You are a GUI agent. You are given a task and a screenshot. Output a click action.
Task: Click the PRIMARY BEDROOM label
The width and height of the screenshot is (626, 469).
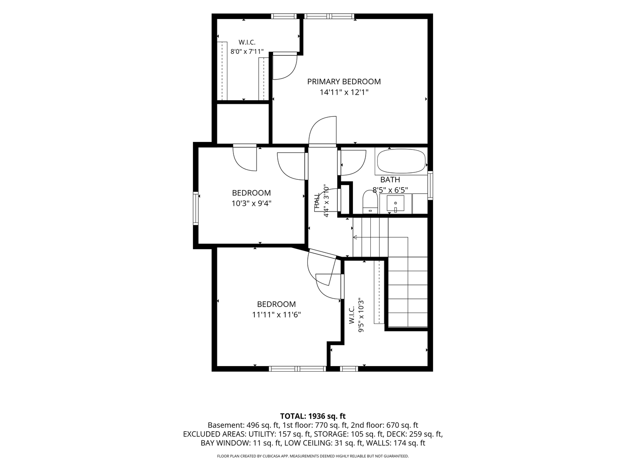pyautogui.click(x=344, y=82)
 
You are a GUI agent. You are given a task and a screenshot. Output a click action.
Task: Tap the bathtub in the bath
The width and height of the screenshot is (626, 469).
pyautogui.click(x=401, y=162)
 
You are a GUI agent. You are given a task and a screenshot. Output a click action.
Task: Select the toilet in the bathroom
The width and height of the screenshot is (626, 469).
pyautogui.click(x=370, y=201)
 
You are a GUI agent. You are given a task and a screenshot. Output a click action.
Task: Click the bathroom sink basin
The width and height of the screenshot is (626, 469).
pyautogui.click(x=395, y=203)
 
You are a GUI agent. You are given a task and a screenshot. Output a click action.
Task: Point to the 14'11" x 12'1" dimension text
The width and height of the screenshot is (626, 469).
pyautogui.click(x=344, y=92)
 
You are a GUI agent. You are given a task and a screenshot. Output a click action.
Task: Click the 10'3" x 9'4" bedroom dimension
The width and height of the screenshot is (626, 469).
pyautogui.click(x=251, y=204)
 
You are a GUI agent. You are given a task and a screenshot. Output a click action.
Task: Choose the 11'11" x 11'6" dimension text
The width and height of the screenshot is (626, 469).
pyautogui.click(x=276, y=315)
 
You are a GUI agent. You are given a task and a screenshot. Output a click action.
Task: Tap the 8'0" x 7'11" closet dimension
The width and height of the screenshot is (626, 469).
pyautogui.click(x=247, y=52)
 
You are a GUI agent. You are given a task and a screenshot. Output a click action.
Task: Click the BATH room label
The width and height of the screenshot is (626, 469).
pyautogui.click(x=390, y=180)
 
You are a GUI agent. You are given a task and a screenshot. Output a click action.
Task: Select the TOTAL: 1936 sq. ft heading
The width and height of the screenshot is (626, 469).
pyautogui.click(x=313, y=416)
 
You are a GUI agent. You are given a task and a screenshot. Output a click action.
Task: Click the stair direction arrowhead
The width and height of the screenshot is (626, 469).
pyautogui.click(x=355, y=237)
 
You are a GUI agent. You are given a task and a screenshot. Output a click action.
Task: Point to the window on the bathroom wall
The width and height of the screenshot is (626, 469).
pyautogui.click(x=430, y=185)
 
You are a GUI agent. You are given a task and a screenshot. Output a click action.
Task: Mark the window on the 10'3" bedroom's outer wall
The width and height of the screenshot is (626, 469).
pyautogui.click(x=196, y=208)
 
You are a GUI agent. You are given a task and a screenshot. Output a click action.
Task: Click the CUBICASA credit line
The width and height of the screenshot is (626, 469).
pyautogui.click(x=313, y=456)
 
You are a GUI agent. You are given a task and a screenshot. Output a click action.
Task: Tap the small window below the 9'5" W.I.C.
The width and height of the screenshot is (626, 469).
pyautogui.click(x=349, y=369)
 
